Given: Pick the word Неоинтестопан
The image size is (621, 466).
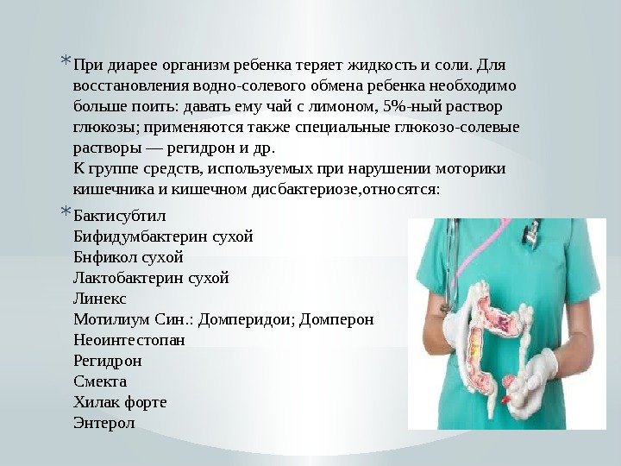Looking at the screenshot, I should click(x=130, y=340).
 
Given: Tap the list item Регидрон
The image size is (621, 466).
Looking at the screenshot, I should click(x=108, y=361).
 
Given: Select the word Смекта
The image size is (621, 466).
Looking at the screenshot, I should click(x=100, y=381).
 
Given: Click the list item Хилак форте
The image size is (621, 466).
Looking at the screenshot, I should click(x=121, y=402).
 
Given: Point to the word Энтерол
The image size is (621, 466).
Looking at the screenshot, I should click(x=105, y=423).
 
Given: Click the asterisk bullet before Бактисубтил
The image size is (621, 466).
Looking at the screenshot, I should click(x=66, y=212).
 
